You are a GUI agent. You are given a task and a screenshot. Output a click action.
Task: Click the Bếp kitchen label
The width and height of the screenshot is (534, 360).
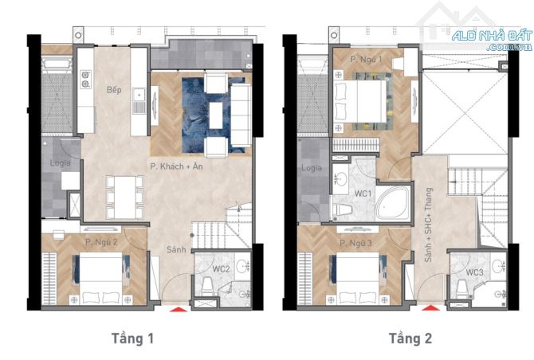click(x=114, y=89)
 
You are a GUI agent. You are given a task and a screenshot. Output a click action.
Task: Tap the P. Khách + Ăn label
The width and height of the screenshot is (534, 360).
click(x=176, y=166)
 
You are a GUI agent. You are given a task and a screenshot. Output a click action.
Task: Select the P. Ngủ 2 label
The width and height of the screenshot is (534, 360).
click(x=101, y=242)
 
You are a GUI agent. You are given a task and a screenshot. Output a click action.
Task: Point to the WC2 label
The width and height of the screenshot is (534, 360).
click(x=221, y=269)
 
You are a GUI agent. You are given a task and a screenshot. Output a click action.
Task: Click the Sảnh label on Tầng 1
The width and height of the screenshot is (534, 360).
click(x=176, y=249)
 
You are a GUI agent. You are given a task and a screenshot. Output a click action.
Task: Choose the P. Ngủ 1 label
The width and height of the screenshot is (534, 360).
click(x=366, y=60)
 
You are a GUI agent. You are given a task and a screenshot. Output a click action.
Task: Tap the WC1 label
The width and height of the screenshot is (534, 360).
click(x=363, y=194)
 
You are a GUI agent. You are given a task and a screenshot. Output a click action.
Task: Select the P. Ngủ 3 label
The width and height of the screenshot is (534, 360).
click(x=355, y=243)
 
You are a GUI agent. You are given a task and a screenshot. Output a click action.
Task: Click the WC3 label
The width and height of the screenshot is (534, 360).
click(x=474, y=272)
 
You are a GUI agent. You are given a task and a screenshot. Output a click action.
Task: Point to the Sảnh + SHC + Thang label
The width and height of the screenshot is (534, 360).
click(x=429, y=225)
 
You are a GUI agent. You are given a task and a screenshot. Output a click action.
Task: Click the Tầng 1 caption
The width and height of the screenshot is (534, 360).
click(x=132, y=338)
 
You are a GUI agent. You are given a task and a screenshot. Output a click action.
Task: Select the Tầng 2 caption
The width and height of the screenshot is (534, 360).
click(x=410, y=338)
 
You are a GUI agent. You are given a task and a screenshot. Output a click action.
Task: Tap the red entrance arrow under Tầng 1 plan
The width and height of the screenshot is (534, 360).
click(x=179, y=309)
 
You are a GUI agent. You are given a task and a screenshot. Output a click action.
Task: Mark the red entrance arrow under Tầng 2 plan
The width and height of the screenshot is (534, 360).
click(x=431, y=308)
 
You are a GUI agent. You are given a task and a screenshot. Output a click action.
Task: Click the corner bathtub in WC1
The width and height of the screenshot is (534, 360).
click(x=394, y=204)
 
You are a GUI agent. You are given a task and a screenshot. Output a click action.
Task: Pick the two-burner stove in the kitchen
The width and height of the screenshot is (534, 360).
click(x=85, y=80)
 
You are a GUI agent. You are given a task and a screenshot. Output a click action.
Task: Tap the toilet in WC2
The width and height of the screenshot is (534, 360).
click(x=207, y=287)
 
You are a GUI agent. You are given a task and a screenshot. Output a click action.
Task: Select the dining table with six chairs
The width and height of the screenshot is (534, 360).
click(x=125, y=198)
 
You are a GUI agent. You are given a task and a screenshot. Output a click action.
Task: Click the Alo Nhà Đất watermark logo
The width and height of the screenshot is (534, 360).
click(x=492, y=38)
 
